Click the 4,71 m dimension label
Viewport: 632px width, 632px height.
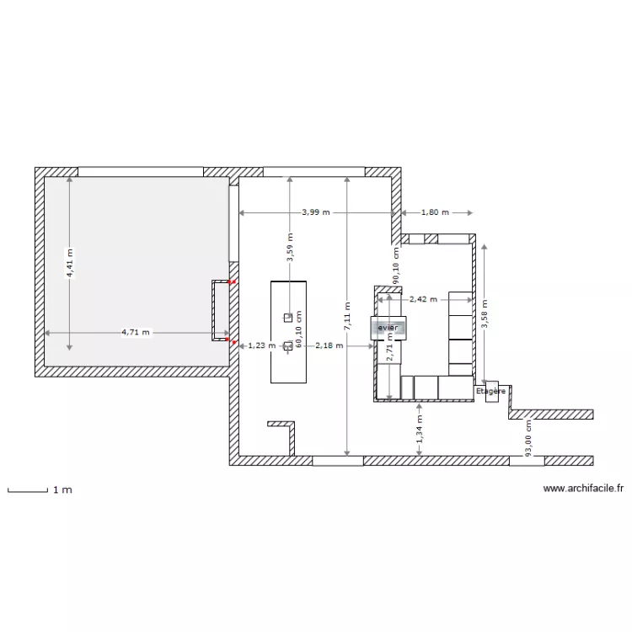(135, 332)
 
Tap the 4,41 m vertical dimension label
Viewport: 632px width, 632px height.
(69, 262)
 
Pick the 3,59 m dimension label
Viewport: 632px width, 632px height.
(289, 252)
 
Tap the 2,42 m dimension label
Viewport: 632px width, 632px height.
(423, 298)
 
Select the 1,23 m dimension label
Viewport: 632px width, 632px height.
(261, 345)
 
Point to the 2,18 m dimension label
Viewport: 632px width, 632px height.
(329, 345)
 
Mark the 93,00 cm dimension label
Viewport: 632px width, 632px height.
(528, 439)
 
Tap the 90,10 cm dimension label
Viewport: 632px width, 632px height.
(396, 263)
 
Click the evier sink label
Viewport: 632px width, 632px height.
(388, 327)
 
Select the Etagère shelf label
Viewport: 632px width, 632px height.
(490, 392)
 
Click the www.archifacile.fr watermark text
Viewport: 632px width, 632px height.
(583, 488)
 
